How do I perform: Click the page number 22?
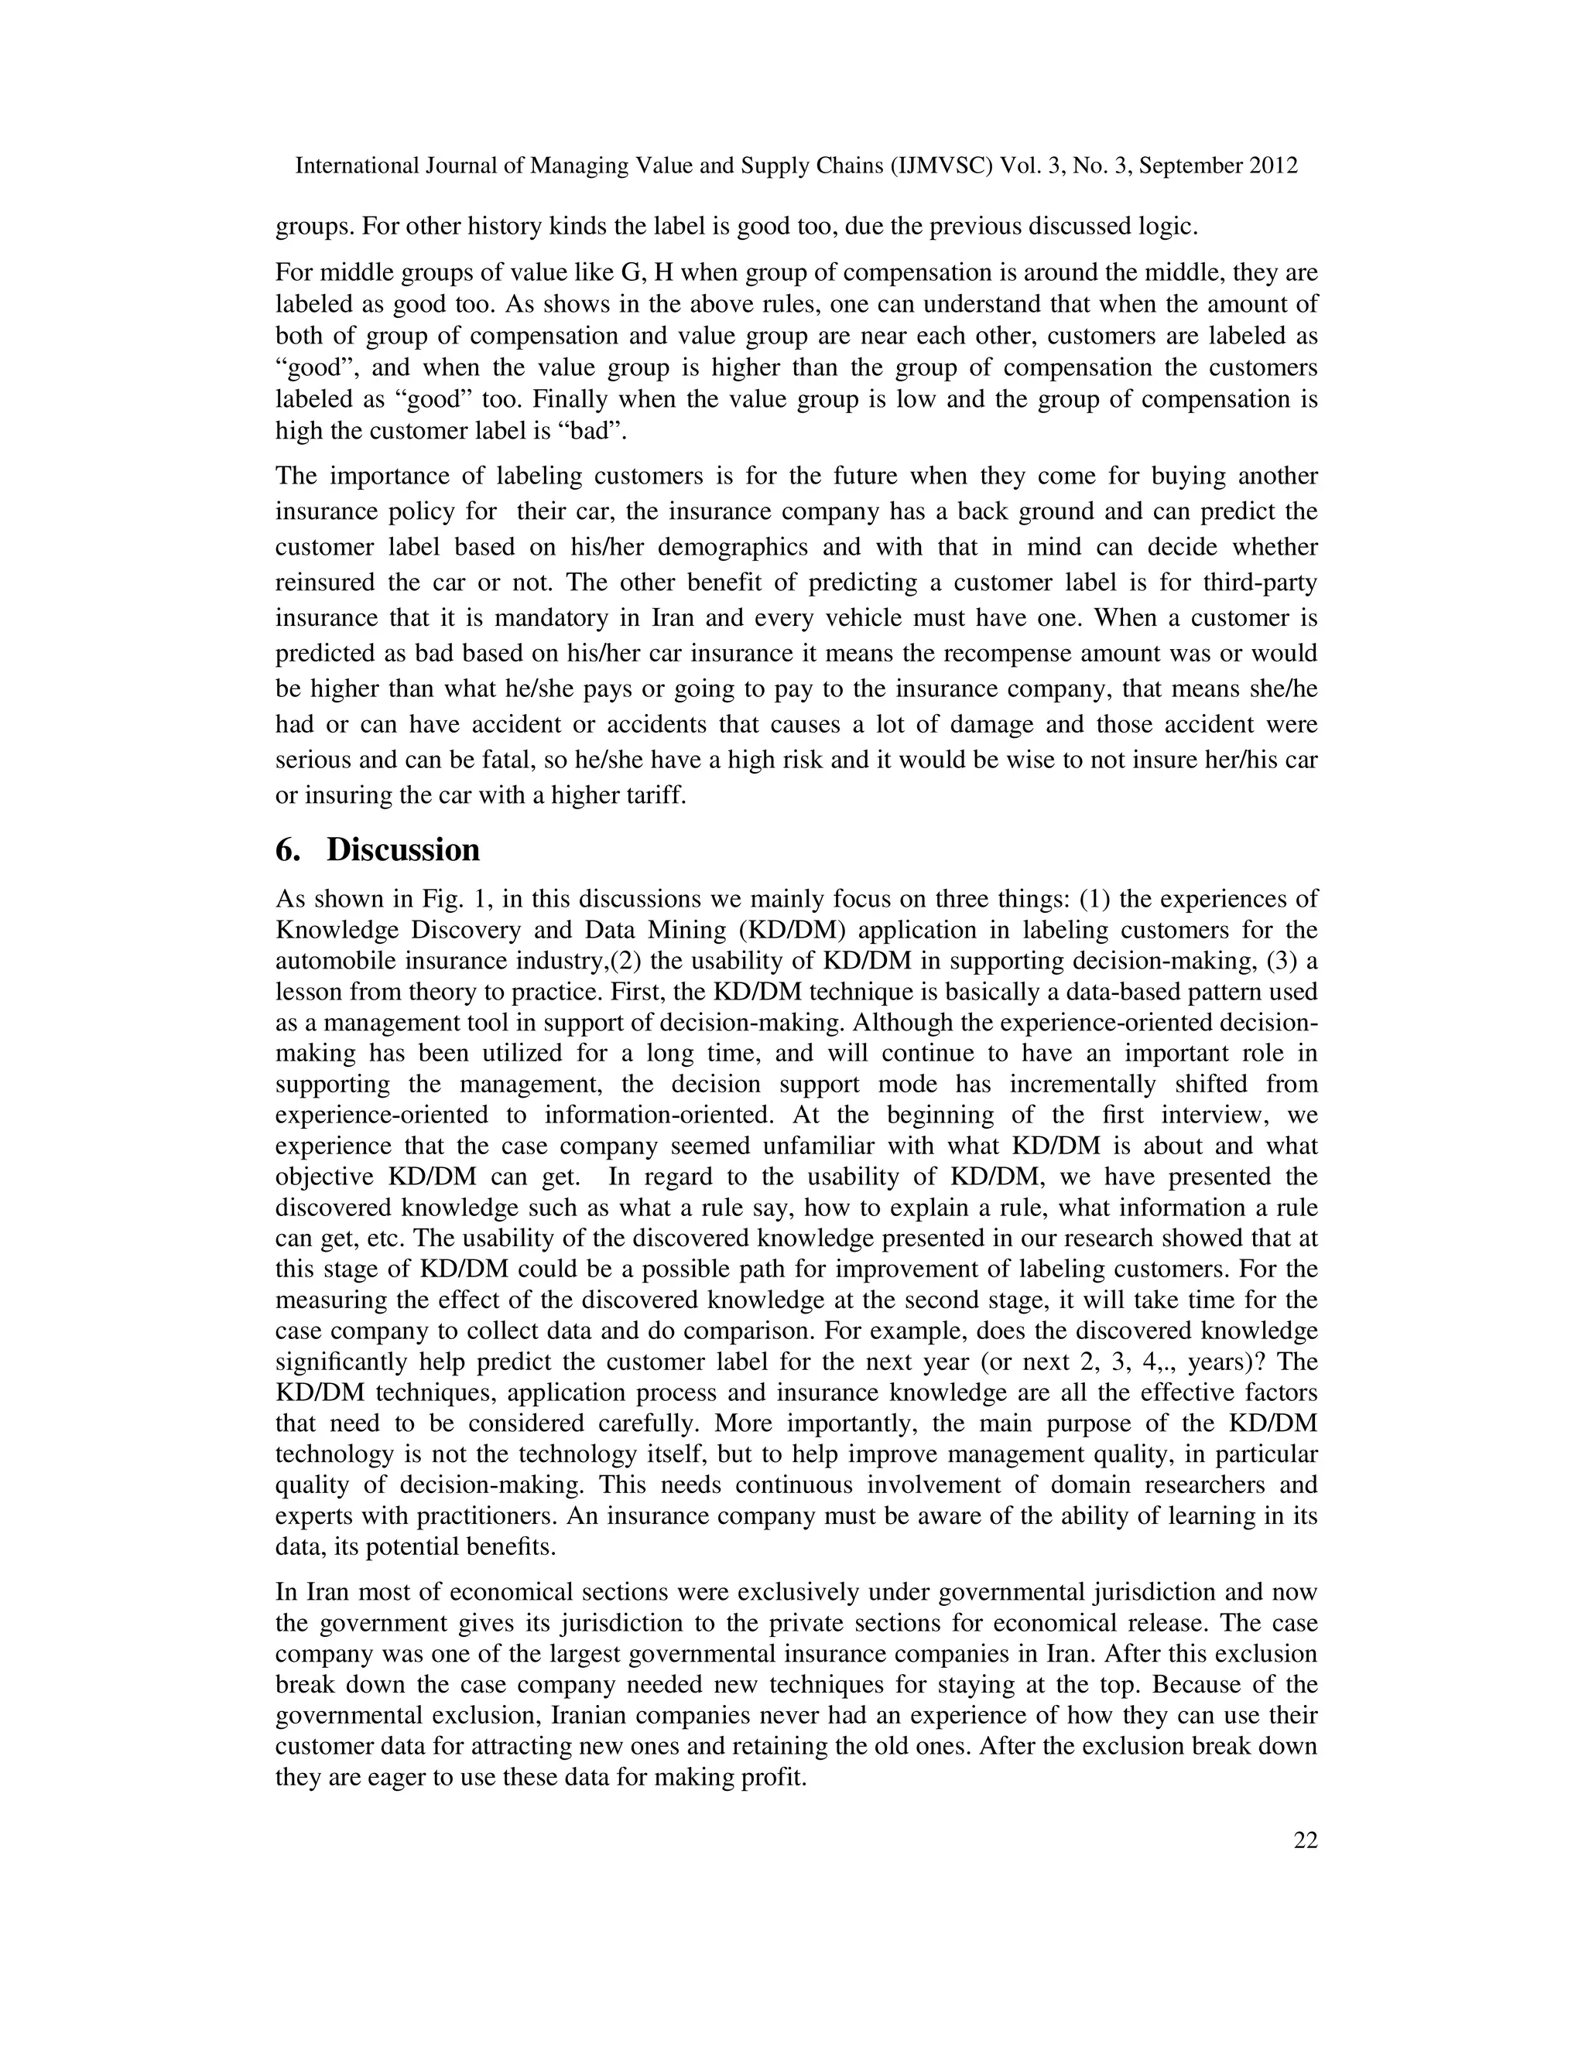click(1305, 1840)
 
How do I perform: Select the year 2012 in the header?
click(1274, 166)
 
